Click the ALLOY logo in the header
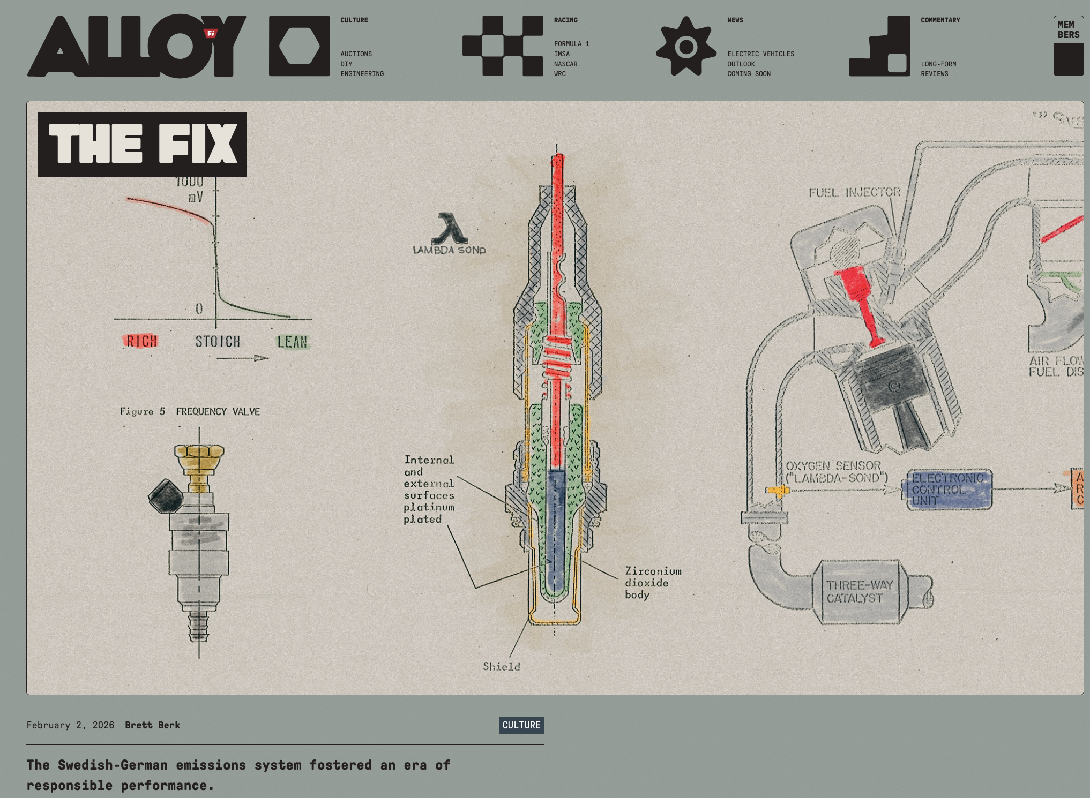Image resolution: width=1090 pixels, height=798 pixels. tap(137, 46)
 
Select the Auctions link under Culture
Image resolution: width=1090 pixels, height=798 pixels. tap(356, 54)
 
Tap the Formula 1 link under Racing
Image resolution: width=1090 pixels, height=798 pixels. tap(571, 44)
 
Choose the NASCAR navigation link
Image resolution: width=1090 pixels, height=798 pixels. tap(565, 64)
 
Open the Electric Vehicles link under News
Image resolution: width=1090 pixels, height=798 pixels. tap(760, 54)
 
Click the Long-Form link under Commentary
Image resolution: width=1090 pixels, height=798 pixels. tap(938, 64)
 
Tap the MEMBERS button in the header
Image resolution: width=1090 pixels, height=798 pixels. tap(1068, 46)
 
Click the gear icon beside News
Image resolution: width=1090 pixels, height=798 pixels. tap(686, 46)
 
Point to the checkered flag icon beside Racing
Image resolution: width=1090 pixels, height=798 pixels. tap(503, 46)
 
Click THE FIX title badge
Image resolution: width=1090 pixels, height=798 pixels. tap(142, 144)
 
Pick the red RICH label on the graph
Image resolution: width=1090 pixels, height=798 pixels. tap(141, 341)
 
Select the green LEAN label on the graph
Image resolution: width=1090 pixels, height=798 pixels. tap(292, 342)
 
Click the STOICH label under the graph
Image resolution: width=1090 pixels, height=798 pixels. tap(218, 341)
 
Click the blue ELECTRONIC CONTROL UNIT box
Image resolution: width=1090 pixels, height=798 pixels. tap(948, 489)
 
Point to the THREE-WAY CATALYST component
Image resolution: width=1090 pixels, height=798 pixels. tap(859, 591)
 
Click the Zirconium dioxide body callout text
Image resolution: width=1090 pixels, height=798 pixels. tap(652, 583)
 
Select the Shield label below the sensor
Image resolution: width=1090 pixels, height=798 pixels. tap(501, 666)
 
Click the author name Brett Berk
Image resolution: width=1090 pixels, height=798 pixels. tap(152, 725)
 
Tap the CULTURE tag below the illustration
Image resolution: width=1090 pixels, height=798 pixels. tap(521, 725)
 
